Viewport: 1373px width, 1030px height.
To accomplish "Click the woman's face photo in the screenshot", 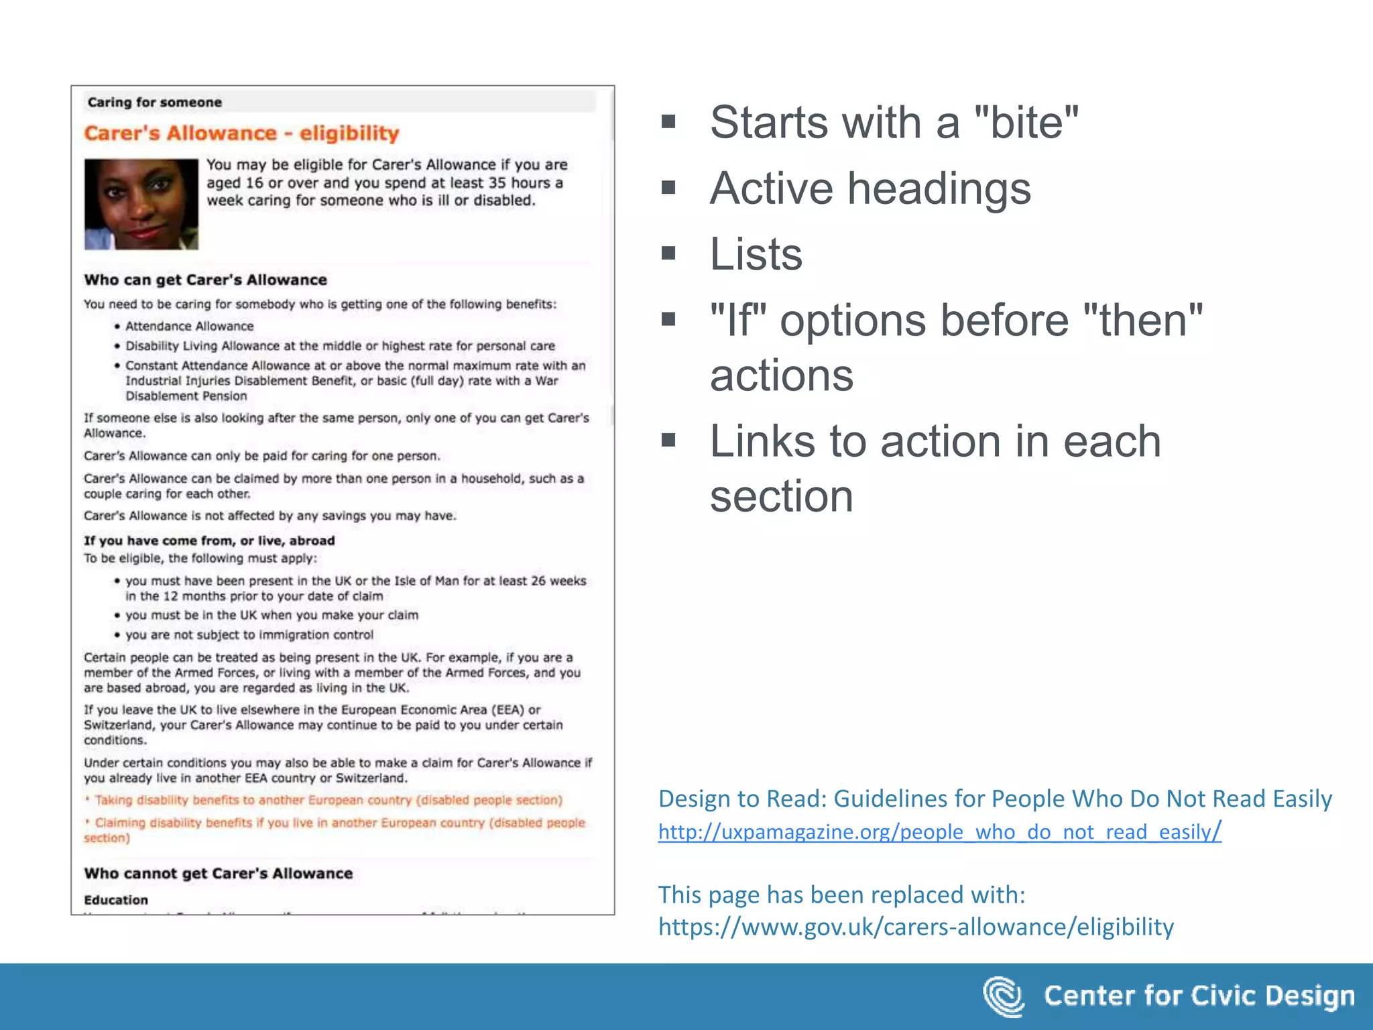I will (141, 204).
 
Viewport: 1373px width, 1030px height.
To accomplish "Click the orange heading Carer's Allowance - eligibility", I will (241, 133).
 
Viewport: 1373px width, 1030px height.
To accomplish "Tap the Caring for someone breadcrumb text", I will (154, 102).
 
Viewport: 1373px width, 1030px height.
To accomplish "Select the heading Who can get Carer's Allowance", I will (205, 280).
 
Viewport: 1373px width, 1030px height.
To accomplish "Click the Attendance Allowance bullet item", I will (189, 326).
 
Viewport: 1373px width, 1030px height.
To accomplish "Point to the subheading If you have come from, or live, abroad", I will (208, 540).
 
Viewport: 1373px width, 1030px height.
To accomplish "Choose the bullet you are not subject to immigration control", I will (249, 634).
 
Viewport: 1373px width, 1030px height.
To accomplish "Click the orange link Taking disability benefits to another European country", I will (328, 800).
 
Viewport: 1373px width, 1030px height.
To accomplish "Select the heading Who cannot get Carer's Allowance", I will (218, 873).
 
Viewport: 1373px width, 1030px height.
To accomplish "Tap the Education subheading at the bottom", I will (116, 900).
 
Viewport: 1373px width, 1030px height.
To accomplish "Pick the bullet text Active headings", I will (870, 188).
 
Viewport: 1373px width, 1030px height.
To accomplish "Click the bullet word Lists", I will (756, 254).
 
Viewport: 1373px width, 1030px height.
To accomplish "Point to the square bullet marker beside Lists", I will (668, 253).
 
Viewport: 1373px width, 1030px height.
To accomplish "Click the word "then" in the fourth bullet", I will (1142, 320).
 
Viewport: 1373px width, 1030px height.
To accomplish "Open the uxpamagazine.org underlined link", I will (939, 832).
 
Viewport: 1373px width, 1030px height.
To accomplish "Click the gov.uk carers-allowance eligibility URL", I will (916, 927).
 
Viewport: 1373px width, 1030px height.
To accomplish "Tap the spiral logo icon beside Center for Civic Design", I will (1004, 996).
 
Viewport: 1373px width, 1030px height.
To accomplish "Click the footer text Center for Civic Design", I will (1199, 996).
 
